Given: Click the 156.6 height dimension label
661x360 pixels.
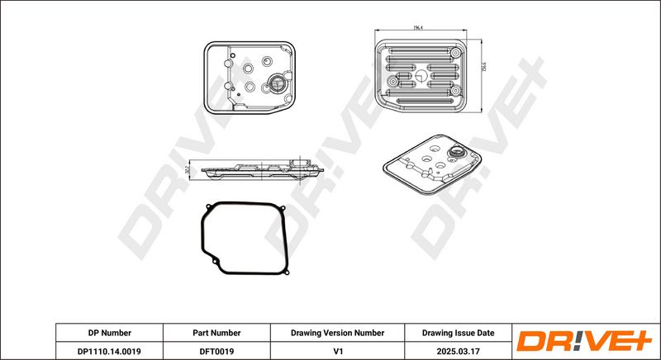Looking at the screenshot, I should [x=483, y=72].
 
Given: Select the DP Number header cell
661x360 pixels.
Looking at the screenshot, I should [x=109, y=333].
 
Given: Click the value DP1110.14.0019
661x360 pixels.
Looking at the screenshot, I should [x=109, y=350].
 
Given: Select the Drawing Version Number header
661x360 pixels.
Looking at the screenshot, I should [x=337, y=333].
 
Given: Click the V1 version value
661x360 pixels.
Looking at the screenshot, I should [x=337, y=350].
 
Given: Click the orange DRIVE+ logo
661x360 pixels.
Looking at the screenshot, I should [x=583, y=341].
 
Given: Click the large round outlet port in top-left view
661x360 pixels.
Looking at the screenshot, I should [x=277, y=83].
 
